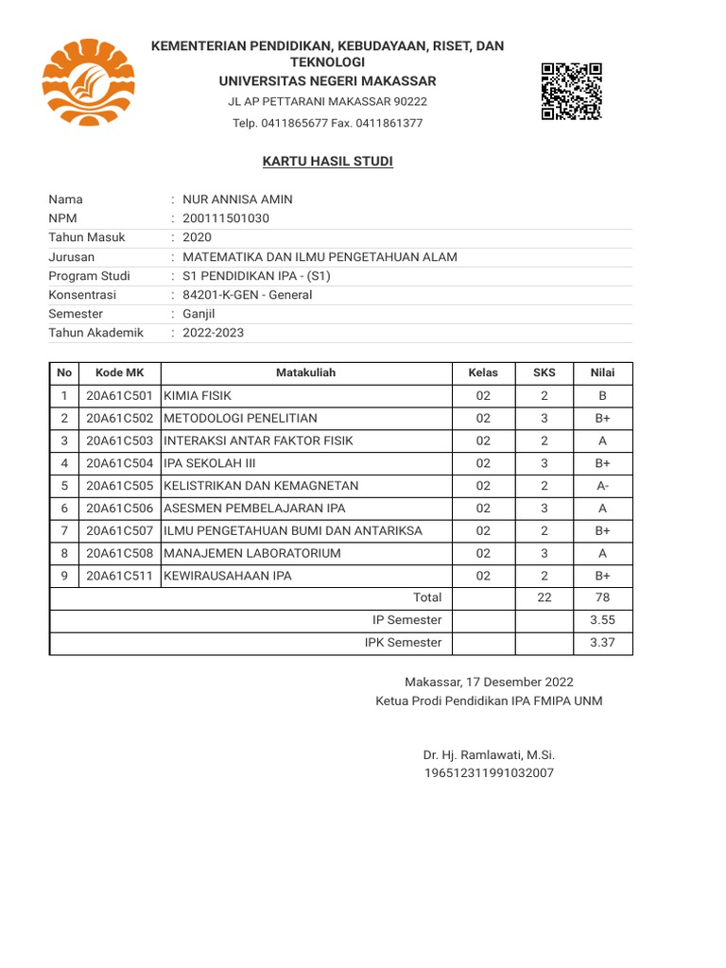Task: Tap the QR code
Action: pos(572,91)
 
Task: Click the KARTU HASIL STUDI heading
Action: pos(327,162)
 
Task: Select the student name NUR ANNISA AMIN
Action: pos(237,199)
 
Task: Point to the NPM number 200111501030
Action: pos(226,218)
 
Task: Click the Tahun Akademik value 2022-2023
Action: pos(213,333)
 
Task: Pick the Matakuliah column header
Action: pos(305,372)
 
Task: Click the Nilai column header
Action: pos(602,372)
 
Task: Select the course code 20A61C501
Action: pos(119,395)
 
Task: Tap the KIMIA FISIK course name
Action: pos(198,395)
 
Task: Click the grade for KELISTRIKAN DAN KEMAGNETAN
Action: pos(602,486)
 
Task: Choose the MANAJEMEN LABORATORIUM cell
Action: pos(252,553)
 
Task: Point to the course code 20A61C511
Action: pos(119,576)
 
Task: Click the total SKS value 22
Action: pos(544,597)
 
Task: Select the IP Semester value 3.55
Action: pos(602,620)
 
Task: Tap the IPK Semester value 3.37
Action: pos(602,643)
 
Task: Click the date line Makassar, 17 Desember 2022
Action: pos(489,682)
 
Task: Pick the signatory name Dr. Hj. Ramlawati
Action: pos(489,755)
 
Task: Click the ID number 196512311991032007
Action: pos(489,773)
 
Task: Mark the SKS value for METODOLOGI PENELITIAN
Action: pos(544,418)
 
